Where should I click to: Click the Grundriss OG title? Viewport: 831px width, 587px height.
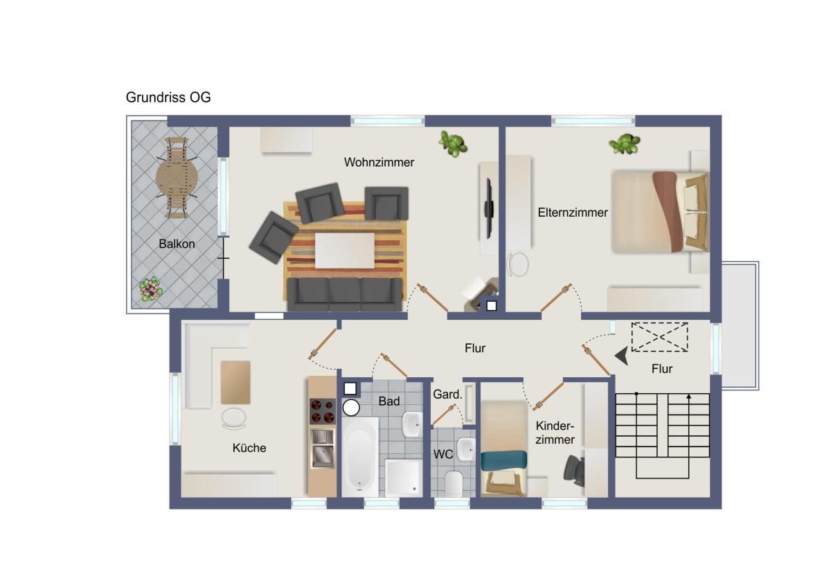[x=168, y=98]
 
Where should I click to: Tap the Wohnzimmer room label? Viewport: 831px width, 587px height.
[x=379, y=163]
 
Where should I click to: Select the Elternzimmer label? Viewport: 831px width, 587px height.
[x=573, y=213]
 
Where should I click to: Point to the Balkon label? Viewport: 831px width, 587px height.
[x=177, y=244]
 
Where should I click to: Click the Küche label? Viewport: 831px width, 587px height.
[x=249, y=448]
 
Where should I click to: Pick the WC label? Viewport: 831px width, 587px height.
[x=443, y=454]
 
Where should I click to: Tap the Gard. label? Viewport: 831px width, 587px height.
[x=447, y=394]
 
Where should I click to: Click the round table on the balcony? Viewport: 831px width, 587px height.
[x=177, y=178]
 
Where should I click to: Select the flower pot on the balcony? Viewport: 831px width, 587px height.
[x=151, y=289]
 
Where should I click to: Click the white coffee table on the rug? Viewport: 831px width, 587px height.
[x=345, y=251]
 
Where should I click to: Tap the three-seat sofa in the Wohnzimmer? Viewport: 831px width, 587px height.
[x=345, y=294]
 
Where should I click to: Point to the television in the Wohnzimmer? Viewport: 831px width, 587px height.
[x=490, y=208]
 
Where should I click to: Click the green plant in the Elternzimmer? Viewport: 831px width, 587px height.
[x=625, y=144]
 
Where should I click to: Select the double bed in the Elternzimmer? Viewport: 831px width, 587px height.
[x=661, y=212]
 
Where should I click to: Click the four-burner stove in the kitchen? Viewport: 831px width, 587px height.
[x=323, y=411]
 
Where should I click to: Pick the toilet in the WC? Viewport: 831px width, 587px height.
[x=453, y=484]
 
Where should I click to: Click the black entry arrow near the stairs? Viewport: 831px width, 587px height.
[x=621, y=356]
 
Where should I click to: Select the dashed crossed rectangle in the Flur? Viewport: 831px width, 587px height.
[x=659, y=337]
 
